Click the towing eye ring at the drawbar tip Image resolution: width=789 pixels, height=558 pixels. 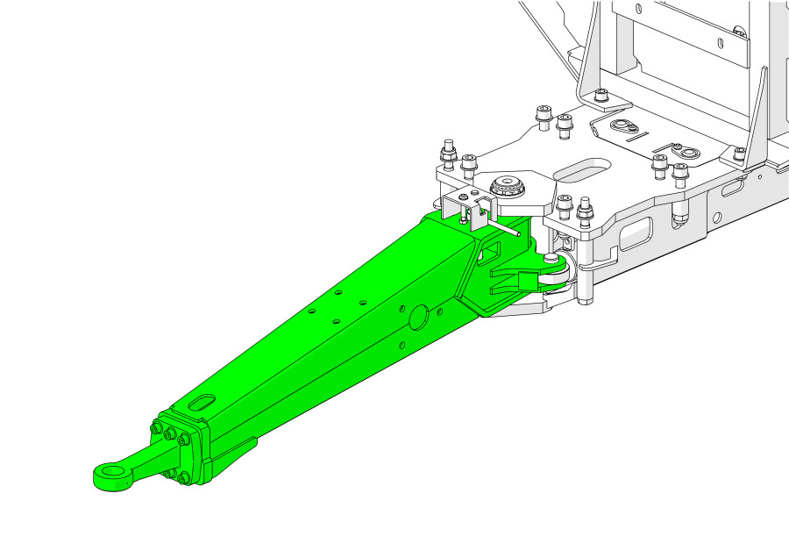click(111, 476)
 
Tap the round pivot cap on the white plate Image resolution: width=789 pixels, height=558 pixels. click(508, 186)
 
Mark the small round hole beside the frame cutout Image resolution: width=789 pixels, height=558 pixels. click(716, 217)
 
